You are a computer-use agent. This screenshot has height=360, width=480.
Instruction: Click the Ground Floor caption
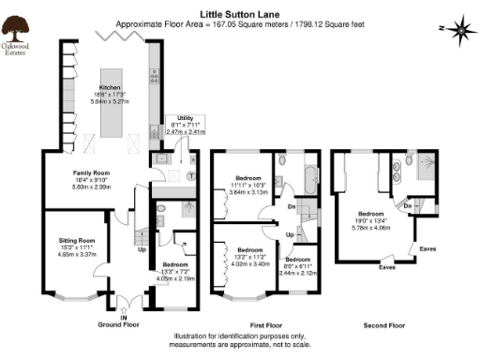tap(118, 325)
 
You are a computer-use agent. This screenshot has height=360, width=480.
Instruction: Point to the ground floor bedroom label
tap(175, 265)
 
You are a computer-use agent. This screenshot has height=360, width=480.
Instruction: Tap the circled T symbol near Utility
tap(192, 175)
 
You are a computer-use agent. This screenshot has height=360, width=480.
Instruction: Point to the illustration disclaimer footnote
tap(240, 339)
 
